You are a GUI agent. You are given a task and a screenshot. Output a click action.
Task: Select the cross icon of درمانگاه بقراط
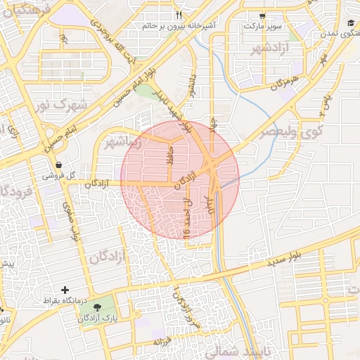[65, 290]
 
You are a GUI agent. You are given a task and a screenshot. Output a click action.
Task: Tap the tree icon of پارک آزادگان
[96, 307]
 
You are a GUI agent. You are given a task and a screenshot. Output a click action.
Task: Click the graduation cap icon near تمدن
[350, 23]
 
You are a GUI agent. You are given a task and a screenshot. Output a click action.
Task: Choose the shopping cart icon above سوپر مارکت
[263, 15]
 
